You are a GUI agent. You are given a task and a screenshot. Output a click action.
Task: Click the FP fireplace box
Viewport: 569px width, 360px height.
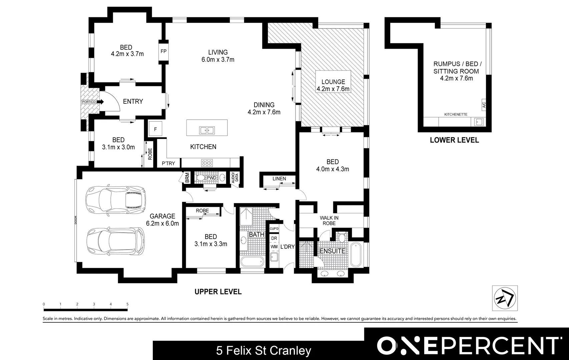[x=163, y=51]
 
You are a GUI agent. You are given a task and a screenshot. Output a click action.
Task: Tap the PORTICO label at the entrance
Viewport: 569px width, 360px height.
[x=88, y=102]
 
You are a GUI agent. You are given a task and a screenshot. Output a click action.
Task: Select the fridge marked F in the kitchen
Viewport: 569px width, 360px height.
[x=155, y=129]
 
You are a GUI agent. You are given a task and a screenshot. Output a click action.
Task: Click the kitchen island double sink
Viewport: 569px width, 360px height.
[x=207, y=130]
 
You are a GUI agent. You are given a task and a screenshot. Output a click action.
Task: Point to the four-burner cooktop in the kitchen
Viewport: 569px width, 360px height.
[x=207, y=163]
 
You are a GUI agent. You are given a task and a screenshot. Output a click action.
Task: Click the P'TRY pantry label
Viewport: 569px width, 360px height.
[x=168, y=163]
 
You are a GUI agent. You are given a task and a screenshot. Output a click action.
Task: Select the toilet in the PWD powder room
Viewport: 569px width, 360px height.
[x=200, y=178]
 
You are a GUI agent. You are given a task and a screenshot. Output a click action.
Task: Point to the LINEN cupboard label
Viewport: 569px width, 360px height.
[x=279, y=179]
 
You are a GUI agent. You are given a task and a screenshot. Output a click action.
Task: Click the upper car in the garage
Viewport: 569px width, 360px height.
[x=115, y=200]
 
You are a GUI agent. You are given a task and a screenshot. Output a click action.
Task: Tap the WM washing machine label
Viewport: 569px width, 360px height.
[x=274, y=247]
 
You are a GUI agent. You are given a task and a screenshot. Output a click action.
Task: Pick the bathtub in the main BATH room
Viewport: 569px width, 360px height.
[x=252, y=262]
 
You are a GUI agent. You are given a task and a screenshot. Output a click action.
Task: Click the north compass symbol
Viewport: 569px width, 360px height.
[x=505, y=298]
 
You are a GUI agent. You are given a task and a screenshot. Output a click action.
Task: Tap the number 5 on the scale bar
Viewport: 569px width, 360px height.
[x=127, y=304]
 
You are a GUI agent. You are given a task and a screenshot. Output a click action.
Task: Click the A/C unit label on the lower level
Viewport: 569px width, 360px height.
[x=484, y=105]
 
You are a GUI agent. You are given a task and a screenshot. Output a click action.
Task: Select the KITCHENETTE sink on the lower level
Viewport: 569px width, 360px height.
[x=479, y=122]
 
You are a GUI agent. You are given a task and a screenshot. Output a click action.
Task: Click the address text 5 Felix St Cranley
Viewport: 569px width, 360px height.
[x=263, y=351]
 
